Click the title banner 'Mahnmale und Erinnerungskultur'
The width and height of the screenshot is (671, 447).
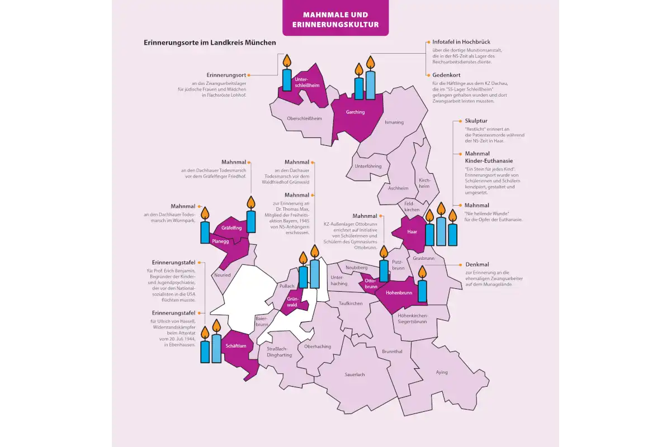point(335,19)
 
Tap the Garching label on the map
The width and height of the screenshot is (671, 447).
point(355,112)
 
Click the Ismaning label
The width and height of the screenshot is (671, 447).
point(394,122)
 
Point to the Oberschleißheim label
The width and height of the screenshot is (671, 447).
point(304,118)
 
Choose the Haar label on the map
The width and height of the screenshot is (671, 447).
point(412,232)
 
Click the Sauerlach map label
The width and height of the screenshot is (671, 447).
point(355,374)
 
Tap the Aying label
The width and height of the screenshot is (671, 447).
point(442,372)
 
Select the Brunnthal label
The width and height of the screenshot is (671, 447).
point(392,351)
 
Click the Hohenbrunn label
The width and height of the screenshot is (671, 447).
point(399,292)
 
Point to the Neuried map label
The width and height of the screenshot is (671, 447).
point(222,275)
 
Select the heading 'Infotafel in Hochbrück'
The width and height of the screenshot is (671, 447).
point(461,42)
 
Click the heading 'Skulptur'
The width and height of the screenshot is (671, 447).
point(476,121)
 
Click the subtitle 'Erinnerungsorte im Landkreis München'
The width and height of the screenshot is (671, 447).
point(210,42)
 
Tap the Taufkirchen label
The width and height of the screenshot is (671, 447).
point(351,303)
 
